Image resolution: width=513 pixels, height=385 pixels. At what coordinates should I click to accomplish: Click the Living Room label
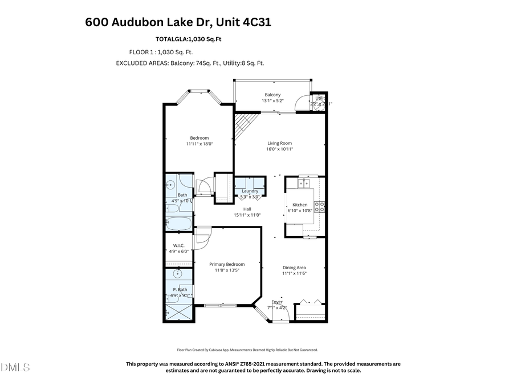pos(280,143)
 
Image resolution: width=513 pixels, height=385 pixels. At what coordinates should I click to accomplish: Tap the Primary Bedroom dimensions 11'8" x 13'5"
pos(226,270)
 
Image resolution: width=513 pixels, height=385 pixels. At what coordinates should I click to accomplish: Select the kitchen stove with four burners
pos(319,206)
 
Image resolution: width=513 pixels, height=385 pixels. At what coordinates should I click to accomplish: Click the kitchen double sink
pos(304,184)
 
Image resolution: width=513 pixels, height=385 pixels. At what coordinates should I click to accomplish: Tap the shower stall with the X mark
pos(178,313)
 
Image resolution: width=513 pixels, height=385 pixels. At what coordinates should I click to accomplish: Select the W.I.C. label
pos(178,245)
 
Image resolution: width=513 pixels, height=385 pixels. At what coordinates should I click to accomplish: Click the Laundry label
pos(250,191)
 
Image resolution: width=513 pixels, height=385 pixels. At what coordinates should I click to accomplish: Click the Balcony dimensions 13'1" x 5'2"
pos(272,101)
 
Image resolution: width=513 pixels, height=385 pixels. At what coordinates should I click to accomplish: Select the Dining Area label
pos(294,268)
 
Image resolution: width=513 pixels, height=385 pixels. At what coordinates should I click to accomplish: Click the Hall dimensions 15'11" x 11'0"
pos(247,215)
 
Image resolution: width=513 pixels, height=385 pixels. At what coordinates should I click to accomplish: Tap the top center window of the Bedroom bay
pos(199,90)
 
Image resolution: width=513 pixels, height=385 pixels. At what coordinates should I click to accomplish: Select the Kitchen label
pos(300,204)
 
